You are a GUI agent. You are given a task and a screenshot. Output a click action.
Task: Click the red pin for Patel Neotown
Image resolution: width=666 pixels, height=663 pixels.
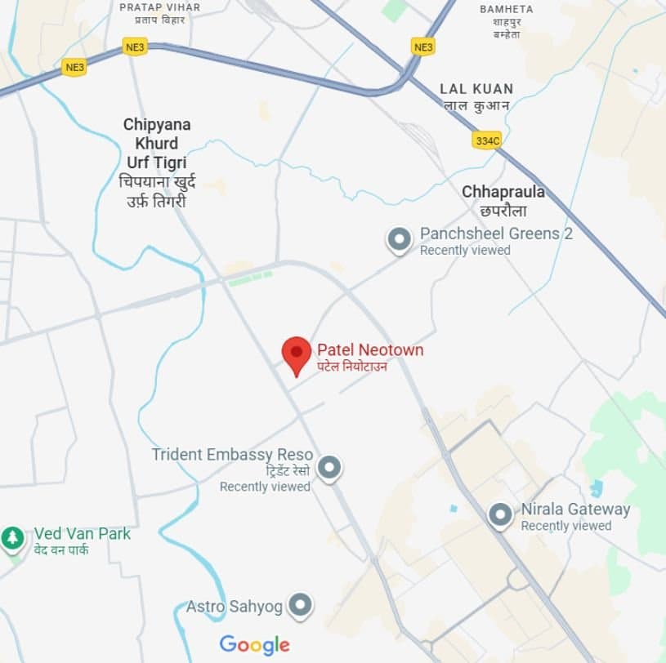(x=297, y=354)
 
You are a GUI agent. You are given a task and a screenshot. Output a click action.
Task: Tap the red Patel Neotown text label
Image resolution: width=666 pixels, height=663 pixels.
(x=370, y=350)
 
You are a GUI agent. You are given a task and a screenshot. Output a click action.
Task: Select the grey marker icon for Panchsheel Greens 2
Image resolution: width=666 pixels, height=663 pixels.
(x=399, y=240)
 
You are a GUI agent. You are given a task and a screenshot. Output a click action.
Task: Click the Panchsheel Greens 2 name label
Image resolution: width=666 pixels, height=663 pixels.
(x=496, y=234)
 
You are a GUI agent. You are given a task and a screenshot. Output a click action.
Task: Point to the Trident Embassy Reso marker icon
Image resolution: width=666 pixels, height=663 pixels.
(x=329, y=467)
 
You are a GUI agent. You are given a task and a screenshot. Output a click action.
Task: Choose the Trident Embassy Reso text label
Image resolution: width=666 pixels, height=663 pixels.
(x=232, y=454)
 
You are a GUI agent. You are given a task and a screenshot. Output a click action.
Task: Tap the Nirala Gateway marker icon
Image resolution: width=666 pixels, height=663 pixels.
(x=500, y=515)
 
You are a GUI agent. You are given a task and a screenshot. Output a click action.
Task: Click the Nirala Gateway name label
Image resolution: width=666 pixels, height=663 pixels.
(x=575, y=509)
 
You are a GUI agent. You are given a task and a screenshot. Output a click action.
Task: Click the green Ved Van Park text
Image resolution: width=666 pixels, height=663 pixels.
(x=82, y=534)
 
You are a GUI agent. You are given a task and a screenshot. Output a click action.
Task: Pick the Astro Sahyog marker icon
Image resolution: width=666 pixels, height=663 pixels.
(x=302, y=605)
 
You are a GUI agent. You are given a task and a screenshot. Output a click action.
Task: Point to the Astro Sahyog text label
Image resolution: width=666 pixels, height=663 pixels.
(x=234, y=607)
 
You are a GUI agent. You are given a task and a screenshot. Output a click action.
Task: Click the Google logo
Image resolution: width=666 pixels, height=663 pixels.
(x=254, y=645)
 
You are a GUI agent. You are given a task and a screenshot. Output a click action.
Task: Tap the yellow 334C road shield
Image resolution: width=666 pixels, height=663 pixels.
(x=487, y=140)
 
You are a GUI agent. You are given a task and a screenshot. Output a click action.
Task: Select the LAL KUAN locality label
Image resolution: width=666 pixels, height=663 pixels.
(x=476, y=88)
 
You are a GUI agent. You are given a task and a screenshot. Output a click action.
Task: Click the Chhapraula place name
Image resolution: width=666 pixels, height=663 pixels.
(x=503, y=192)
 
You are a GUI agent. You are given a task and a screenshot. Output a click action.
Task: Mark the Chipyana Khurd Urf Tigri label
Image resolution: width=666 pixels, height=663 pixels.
(x=157, y=144)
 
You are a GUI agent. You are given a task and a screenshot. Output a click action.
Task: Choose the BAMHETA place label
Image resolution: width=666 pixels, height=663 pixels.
(x=507, y=9)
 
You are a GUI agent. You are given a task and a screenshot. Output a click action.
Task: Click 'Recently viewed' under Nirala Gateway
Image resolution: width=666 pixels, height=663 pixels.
(x=566, y=526)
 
